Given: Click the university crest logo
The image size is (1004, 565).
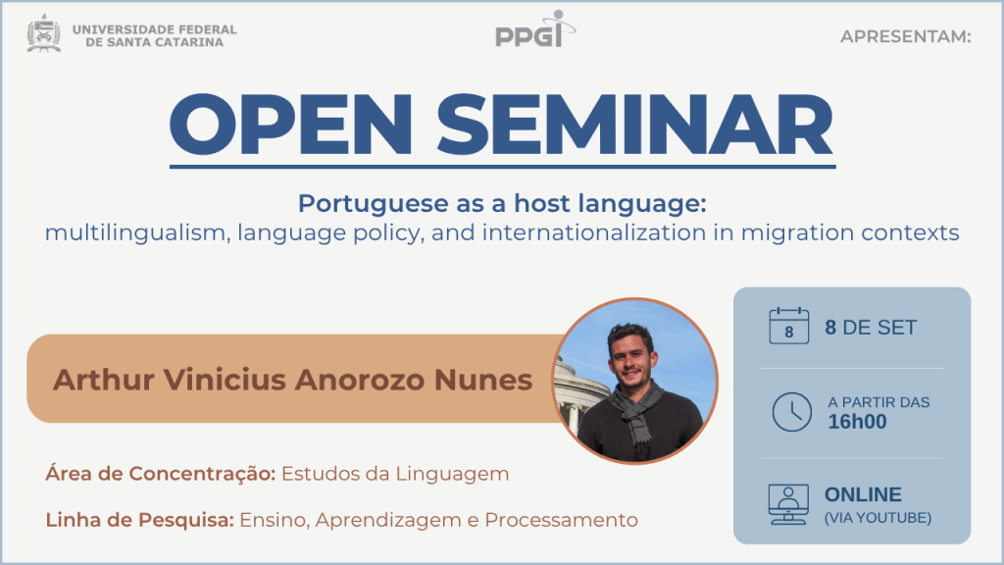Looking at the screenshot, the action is pyautogui.click(x=43, y=33).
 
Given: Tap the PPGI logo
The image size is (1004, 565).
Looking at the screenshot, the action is pyautogui.click(x=535, y=29).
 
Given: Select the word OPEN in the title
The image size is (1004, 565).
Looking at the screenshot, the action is pyautogui.click(x=291, y=125).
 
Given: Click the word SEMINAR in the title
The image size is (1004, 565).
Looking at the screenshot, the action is pyautogui.click(x=635, y=125).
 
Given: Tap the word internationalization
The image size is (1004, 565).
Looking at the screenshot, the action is pyautogui.click(x=594, y=231).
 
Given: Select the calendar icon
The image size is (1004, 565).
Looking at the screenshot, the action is pyautogui.click(x=789, y=326).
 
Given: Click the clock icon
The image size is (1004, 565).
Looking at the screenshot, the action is pyautogui.click(x=792, y=412).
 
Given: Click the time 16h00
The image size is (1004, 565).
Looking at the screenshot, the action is pyautogui.click(x=857, y=422).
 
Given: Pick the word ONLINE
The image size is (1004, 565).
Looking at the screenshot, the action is pyautogui.click(x=863, y=494).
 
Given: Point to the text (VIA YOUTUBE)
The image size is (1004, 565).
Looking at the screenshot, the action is pyautogui.click(x=878, y=518).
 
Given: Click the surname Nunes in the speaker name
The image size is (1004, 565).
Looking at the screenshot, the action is pyautogui.click(x=483, y=380).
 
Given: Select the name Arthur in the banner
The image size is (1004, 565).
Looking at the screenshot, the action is pyautogui.click(x=104, y=380).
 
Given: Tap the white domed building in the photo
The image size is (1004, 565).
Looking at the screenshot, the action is pyautogui.click(x=578, y=394).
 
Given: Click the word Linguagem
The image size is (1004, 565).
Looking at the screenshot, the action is pyautogui.click(x=452, y=475).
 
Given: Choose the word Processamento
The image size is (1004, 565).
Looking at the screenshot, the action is pyautogui.click(x=561, y=520).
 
